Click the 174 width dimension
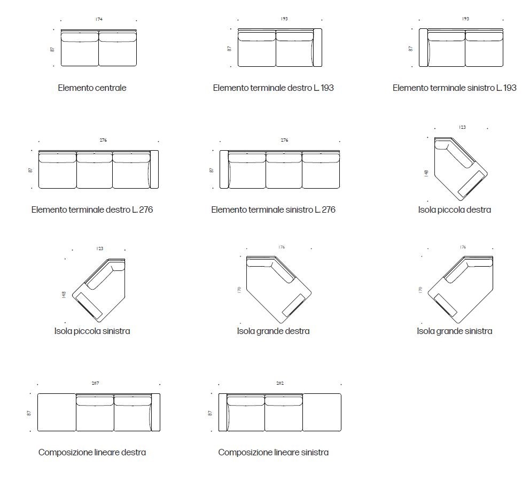click(99, 19)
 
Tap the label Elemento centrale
click(92, 88)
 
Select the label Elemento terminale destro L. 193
click(273, 88)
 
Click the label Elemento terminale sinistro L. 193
click(454, 88)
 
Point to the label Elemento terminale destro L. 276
click(92, 209)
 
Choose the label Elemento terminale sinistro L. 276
click(273, 209)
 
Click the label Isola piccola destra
click(454, 209)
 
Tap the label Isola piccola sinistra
click(92, 331)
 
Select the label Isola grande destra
click(273, 331)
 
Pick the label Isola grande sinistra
click(454, 331)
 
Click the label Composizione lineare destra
click(92, 452)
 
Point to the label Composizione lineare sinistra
click(273, 452)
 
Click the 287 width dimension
click(95, 383)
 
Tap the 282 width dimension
click(280, 383)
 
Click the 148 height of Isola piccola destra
click(426, 174)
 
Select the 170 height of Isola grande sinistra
click(420, 290)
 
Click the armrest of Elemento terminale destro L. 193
click(318, 48)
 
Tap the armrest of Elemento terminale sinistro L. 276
click(224, 169)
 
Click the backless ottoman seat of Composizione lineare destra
click(57, 412)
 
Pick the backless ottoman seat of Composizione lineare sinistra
click(322, 412)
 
